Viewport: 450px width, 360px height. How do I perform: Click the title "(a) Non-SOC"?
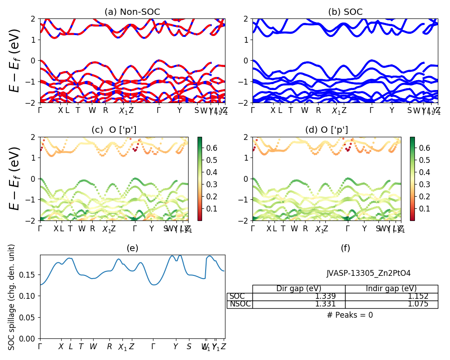click(132, 12)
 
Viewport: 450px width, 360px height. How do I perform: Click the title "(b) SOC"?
click(345, 12)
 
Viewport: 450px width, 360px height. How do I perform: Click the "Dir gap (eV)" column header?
click(299, 288)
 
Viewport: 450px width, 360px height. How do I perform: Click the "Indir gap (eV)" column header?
click(391, 288)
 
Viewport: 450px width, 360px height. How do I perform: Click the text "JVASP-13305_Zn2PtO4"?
click(369, 273)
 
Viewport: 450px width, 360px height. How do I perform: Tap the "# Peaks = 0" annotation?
click(350, 315)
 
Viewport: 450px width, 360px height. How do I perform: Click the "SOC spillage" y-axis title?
click(12, 297)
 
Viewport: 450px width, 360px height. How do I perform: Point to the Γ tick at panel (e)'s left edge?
click(40, 346)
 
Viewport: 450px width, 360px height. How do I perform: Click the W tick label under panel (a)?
click(92, 110)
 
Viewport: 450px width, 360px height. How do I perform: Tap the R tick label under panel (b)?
click(318, 110)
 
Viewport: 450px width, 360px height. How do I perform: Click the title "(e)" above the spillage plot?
click(132, 248)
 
